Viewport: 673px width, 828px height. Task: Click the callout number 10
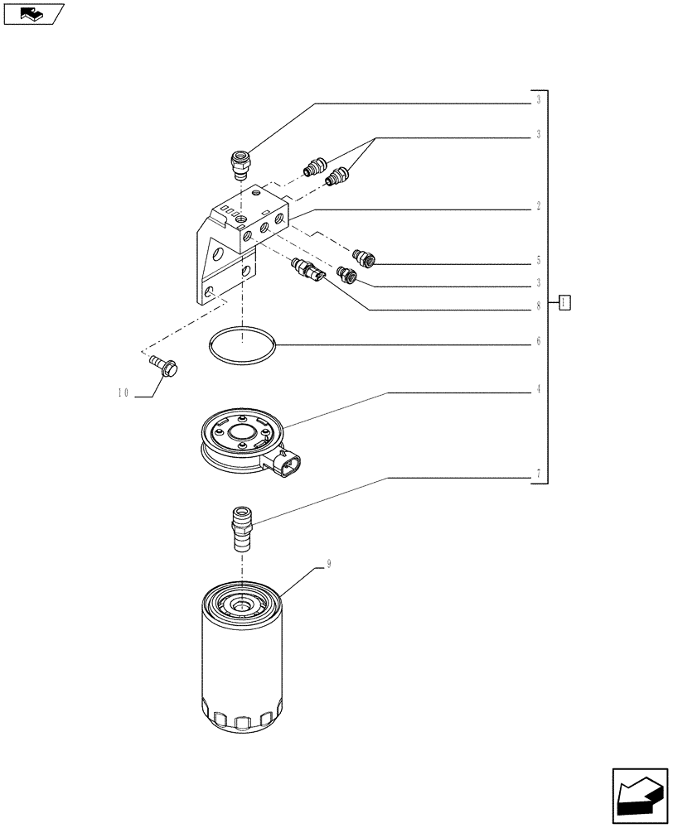click(x=123, y=394)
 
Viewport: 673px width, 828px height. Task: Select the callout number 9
click(x=329, y=564)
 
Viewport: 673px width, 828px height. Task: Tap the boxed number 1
click(x=564, y=302)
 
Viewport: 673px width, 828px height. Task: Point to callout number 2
click(x=538, y=206)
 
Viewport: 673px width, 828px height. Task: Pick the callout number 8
click(x=538, y=306)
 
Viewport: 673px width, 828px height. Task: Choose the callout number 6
click(x=538, y=341)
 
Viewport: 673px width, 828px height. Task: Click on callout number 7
click(x=538, y=474)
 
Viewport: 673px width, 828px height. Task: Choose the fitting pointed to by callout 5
click(x=364, y=258)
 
